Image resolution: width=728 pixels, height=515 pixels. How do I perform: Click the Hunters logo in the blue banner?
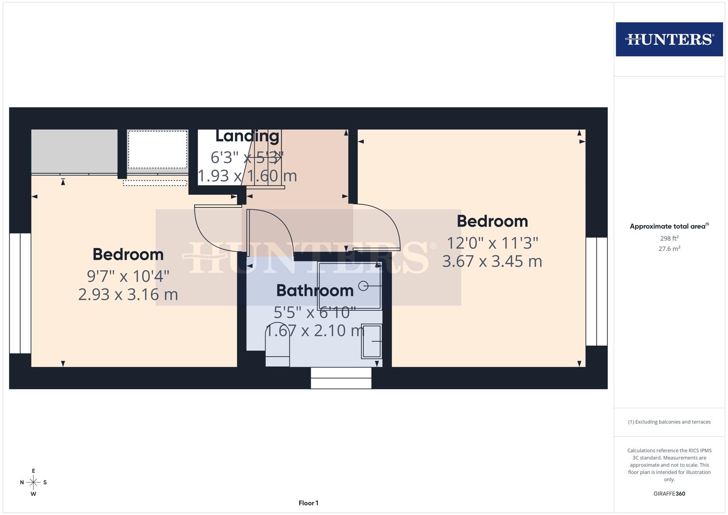669,39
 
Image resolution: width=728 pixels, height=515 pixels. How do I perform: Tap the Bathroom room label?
315,290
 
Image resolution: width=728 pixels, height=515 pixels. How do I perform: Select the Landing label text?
247,136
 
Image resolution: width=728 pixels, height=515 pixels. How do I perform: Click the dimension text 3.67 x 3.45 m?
492,261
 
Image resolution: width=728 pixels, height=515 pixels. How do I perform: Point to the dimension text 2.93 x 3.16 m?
128,294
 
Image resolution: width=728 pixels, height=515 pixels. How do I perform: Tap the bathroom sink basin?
372,341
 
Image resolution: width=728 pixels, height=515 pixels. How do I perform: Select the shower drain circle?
363,286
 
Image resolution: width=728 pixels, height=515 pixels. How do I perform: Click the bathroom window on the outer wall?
341,378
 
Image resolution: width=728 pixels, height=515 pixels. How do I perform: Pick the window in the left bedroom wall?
20,293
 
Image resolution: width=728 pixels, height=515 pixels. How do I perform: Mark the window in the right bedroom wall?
596,291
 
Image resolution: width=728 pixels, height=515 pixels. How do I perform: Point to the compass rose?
33,483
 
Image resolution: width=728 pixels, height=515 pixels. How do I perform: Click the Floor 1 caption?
308,503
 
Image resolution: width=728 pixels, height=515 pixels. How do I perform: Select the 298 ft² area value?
669,238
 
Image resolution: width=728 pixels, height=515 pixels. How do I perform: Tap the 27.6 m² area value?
669,248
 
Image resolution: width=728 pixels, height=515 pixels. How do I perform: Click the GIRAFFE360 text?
669,494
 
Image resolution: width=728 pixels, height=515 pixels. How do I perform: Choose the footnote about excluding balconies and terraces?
669,422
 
